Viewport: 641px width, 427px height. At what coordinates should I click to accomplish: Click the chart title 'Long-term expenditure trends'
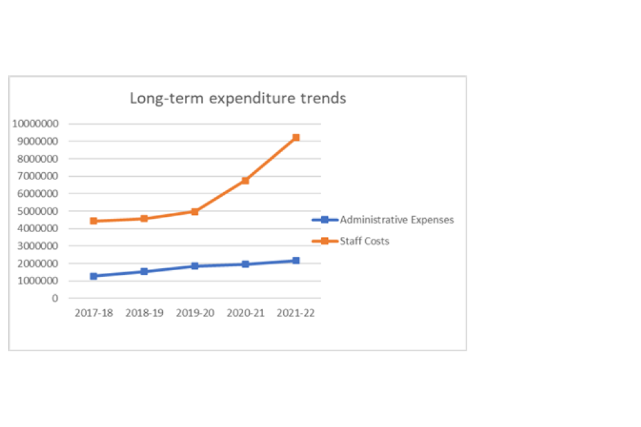pos(238,98)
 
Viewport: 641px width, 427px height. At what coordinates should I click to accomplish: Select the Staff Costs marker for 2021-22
pos(296,137)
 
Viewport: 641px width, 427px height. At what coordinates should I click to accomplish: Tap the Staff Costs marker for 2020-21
pos(245,180)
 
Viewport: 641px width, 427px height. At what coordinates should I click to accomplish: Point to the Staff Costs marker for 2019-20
pos(194,211)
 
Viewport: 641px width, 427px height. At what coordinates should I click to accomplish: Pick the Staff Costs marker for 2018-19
pos(144,218)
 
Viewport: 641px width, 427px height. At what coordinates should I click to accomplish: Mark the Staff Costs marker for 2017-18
pos(93,221)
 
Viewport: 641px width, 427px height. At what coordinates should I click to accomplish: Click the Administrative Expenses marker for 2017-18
pos(93,276)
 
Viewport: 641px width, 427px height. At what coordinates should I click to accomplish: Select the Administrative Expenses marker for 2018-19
pos(144,272)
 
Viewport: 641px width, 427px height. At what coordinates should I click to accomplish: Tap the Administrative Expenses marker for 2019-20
pos(194,266)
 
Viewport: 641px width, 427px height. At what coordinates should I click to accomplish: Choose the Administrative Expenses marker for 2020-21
pos(245,264)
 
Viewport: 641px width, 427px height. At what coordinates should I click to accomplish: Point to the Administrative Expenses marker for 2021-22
pos(296,260)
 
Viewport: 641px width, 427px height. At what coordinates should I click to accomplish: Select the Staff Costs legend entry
pos(365,241)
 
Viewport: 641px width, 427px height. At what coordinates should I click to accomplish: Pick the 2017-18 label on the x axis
pos(93,314)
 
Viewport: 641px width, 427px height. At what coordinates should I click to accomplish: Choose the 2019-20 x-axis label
pos(194,314)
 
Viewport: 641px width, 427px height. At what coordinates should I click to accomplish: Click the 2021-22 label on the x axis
pos(296,314)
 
